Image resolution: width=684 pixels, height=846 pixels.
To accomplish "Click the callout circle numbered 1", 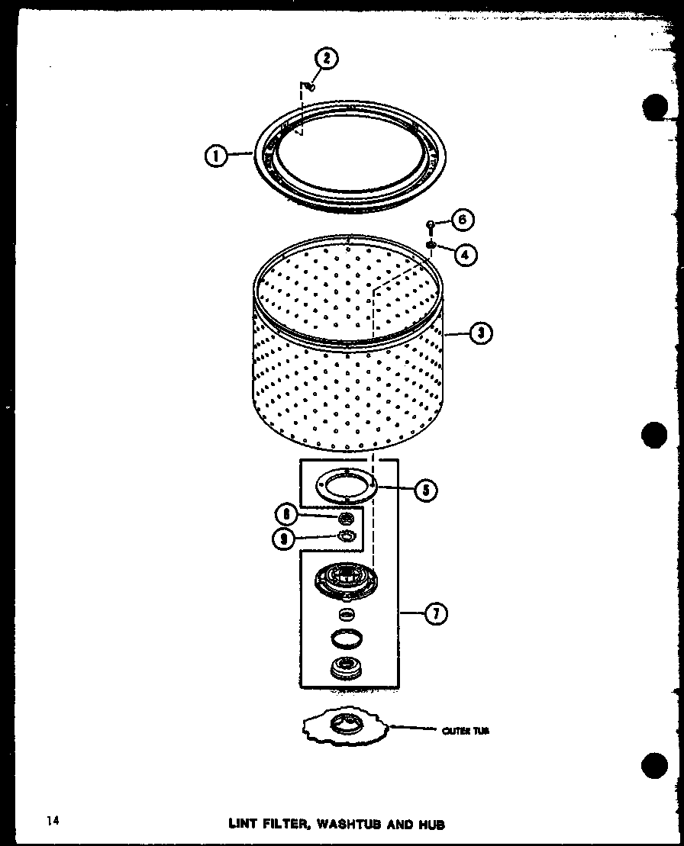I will pos(217,157).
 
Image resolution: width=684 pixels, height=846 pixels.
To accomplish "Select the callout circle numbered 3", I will pos(479,334).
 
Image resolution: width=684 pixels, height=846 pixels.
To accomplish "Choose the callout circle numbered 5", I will pos(424,490).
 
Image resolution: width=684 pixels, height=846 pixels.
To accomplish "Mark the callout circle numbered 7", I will pos(435,613).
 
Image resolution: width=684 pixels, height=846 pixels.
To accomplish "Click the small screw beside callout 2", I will pos(310,87).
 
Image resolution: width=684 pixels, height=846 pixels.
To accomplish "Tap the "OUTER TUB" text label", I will pos(465,731).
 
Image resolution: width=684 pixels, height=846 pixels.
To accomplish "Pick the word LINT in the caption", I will pos(244,824).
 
